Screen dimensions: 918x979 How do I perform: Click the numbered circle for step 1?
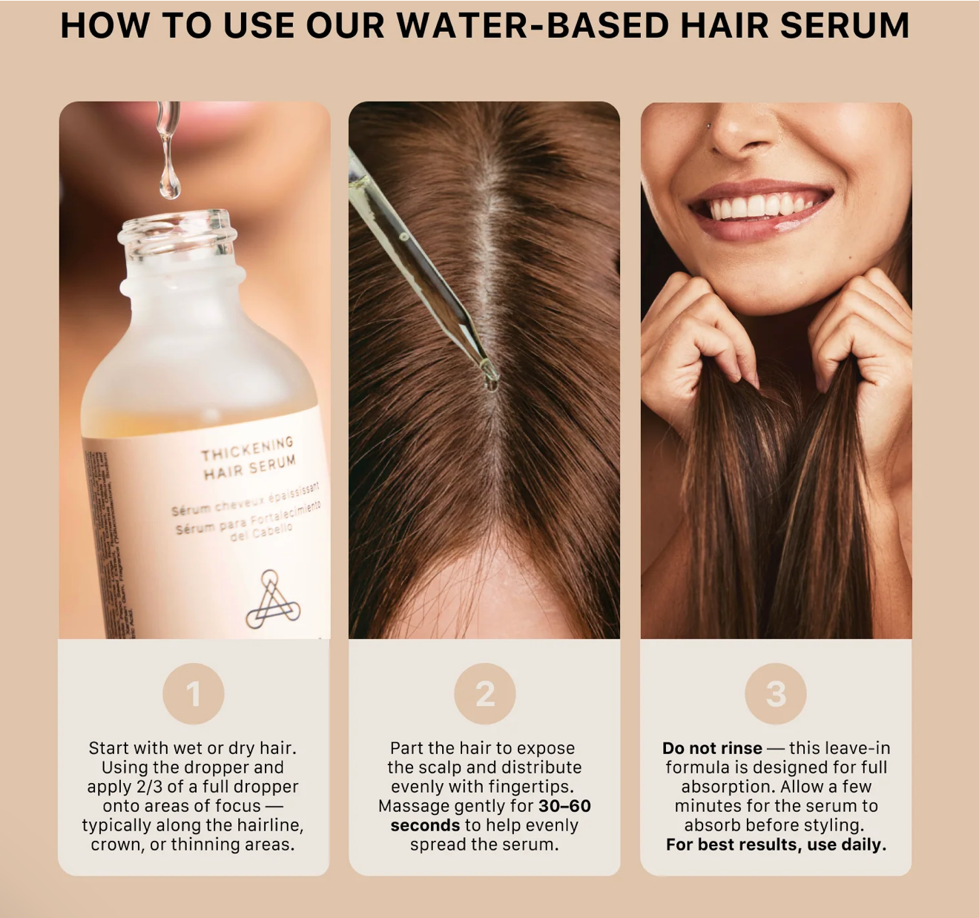coord(193,694)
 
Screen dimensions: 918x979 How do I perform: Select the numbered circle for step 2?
coord(484,694)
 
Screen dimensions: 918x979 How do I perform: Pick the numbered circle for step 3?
coord(776,694)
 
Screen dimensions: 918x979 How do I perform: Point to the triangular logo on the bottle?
coord(272,601)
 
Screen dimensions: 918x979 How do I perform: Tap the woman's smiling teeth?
coord(760,205)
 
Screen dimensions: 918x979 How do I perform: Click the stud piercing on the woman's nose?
coord(708,126)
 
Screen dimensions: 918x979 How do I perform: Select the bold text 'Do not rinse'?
coord(712,748)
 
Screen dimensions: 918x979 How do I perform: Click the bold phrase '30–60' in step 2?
coord(564,806)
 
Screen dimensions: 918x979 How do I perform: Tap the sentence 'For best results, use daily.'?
coord(776,845)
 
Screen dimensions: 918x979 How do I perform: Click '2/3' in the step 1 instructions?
coord(150,787)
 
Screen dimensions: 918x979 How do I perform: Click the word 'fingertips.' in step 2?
coord(534,787)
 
